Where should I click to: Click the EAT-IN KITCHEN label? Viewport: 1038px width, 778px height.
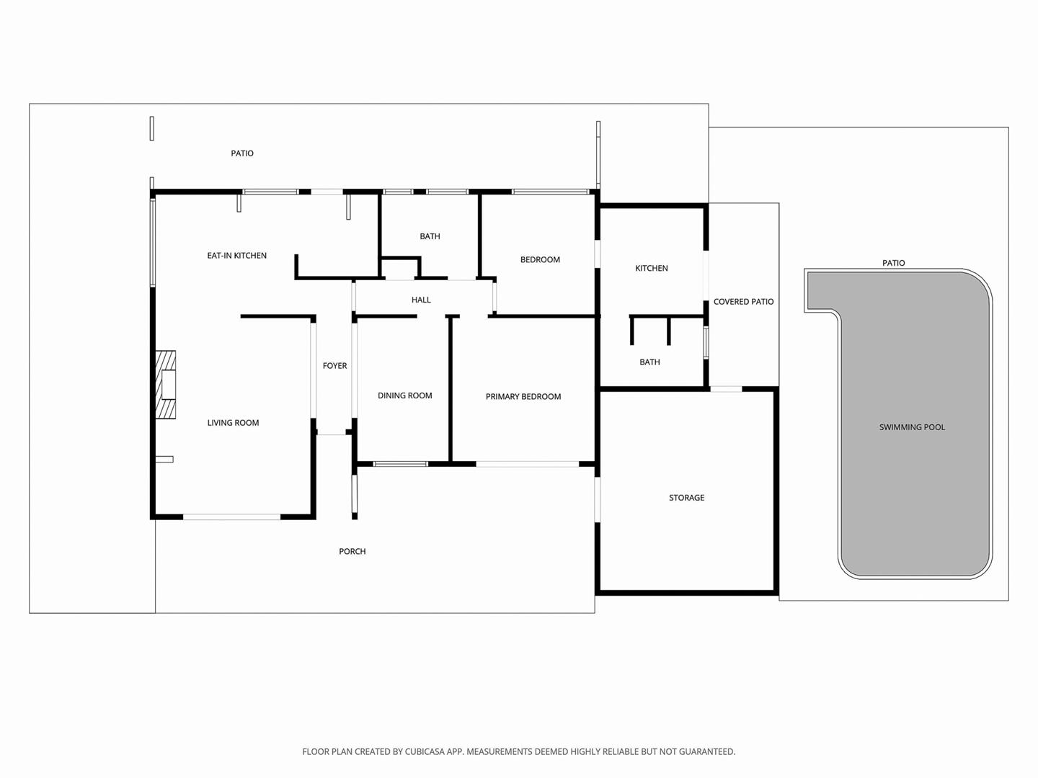click(237, 256)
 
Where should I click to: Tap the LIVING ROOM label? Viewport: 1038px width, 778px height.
click(233, 423)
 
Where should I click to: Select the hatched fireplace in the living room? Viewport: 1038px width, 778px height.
click(166, 384)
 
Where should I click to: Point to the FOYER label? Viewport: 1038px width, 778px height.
click(334, 366)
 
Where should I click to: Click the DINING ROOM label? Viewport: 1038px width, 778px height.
click(405, 395)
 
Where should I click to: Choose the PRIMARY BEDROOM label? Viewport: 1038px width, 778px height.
click(523, 396)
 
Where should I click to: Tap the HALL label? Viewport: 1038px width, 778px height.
click(421, 300)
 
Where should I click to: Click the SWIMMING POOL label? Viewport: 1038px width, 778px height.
click(912, 427)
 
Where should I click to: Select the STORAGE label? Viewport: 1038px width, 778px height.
click(687, 497)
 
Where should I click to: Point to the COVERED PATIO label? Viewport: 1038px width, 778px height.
click(743, 301)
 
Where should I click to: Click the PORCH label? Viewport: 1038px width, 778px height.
click(352, 551)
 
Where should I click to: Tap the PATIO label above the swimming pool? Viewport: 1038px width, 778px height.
click(893, 263)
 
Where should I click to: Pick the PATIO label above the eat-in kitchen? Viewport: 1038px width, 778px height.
click(242, 153)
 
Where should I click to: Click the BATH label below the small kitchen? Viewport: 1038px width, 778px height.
click(649, 362)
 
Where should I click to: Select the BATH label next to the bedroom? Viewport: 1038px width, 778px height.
click(430, 236)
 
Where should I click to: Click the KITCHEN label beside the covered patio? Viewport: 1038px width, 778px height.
click(652, 268)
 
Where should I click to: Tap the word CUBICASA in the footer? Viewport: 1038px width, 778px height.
click(425, 751)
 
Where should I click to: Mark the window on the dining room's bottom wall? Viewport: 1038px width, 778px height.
click(401, 464)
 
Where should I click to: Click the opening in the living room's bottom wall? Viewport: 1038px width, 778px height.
click(231, 517)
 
